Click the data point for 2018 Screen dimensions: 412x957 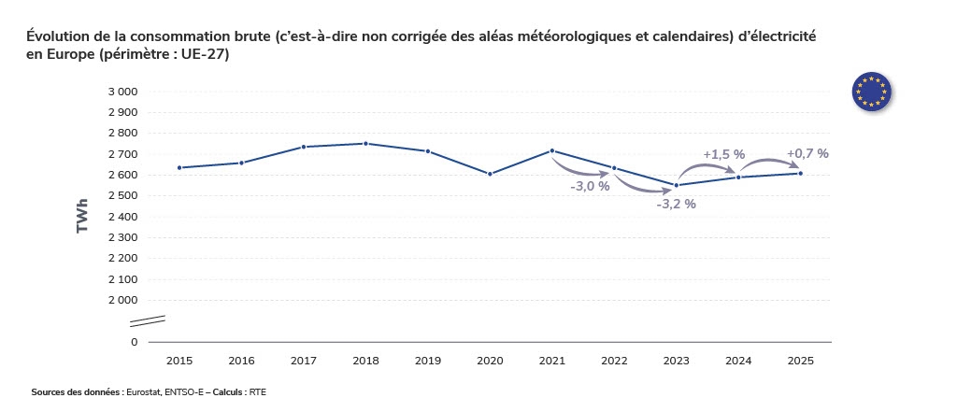[x=365, y=144]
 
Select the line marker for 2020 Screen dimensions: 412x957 [x=490, y=174]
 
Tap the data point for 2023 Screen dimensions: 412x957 [x=677, y=185]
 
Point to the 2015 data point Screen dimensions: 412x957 [x=179, y=168]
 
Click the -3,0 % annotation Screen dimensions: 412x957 [x=590, y=186]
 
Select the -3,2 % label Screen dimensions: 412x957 [x=676, y=204]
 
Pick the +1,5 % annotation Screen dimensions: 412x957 [x=723, y=154]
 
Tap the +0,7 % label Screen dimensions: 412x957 [x=807, y=153]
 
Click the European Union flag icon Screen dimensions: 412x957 [x=871, y=91]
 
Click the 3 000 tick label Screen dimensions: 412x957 [x=122, y=92]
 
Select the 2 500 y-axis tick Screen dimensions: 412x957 [x=122, y=196]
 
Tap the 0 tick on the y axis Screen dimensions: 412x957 [x=134, y=342]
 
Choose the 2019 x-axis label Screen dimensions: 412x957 [x=427, y=361]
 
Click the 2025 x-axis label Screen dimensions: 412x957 [x=800, y=361]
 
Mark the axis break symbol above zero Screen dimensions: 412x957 [x=147, y=321]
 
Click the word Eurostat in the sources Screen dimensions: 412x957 [x=144, y=392]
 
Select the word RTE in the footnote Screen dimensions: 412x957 [x=258, y=392]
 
